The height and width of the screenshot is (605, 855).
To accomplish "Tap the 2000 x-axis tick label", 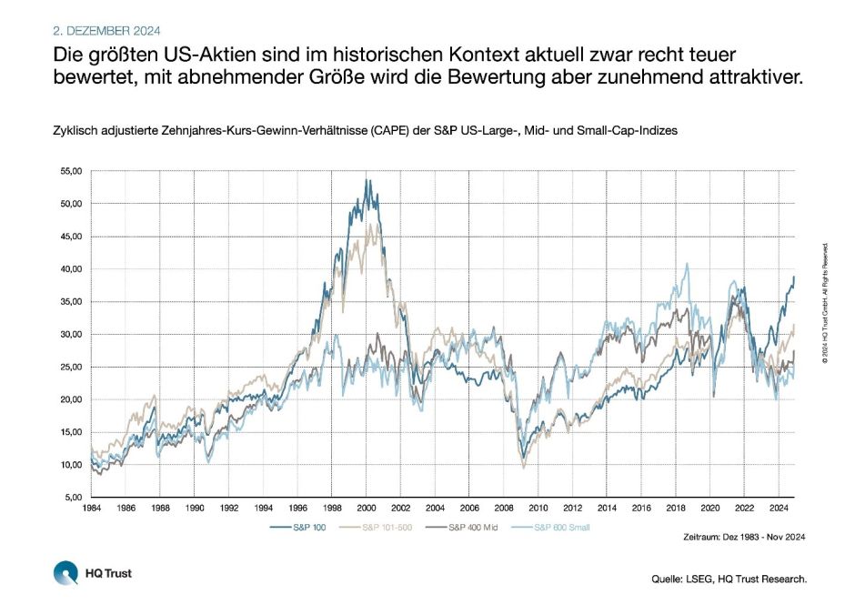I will (364, 509).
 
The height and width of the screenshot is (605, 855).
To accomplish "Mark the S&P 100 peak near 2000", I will (367, 180).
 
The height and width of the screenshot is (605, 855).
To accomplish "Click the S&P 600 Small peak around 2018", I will (687, 265).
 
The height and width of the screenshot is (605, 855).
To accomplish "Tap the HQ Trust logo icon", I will (65, 573).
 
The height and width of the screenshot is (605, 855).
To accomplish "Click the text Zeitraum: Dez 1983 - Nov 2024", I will (744, 538).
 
